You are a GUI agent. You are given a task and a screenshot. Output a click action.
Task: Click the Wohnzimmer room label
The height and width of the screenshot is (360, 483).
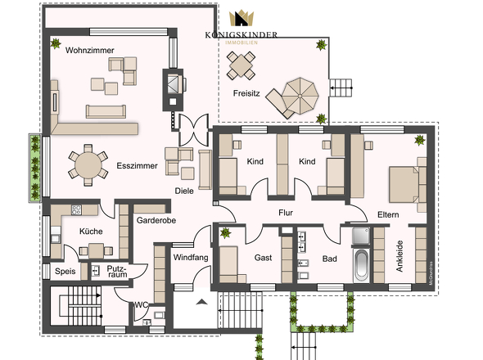[x=90, y=50]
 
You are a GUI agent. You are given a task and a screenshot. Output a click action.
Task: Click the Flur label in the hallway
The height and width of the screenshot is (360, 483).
[x=286, y=213]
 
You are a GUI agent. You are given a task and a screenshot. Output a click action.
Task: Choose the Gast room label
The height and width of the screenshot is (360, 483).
[x=263, y=257]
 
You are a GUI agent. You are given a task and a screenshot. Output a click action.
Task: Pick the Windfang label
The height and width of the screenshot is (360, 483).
[x=189, y=258]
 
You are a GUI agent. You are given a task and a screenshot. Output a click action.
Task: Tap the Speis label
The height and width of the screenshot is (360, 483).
[x=65, y=271]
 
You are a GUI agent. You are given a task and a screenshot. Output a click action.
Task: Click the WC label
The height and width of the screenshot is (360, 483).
[x=141, y=305]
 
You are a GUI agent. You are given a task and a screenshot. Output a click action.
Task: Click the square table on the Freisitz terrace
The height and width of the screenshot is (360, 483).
[x=242, y=62]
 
